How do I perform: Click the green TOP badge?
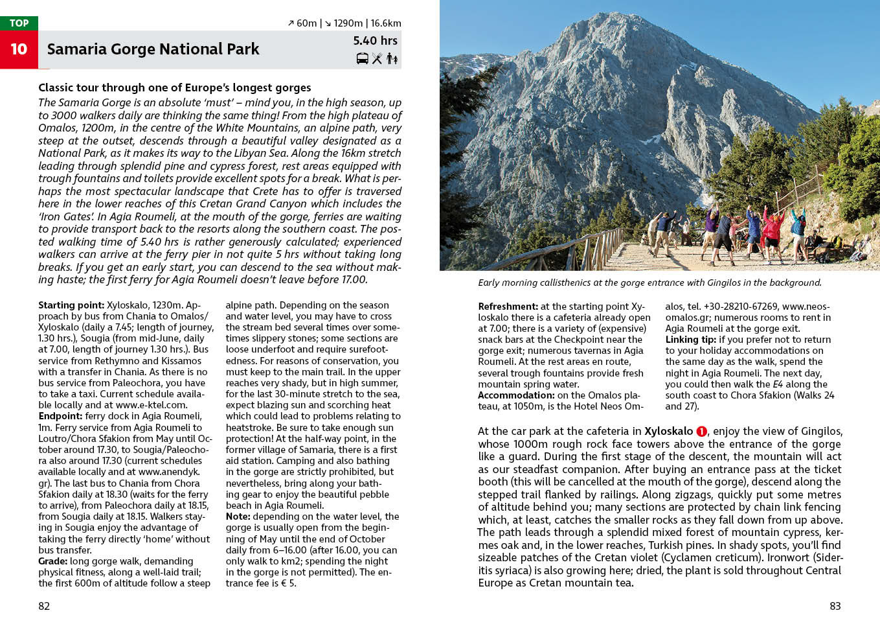(19, 23)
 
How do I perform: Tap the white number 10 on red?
(19, 49)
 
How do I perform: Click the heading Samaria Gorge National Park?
(153, 49)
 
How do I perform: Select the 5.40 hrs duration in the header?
(375, 41)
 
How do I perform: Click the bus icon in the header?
(363, 59)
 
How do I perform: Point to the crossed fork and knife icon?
(377, 59)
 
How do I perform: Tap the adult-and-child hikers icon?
(392, 59)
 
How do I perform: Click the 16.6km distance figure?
(386, 23)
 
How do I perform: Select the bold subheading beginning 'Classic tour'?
(174, 87)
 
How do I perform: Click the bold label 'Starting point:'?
(71, 305)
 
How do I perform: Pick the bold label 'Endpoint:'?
(60, 416)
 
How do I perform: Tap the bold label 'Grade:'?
(52, 561)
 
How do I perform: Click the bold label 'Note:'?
(238, 517)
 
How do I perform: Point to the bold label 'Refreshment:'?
(508, 307)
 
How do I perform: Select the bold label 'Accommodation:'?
(516, 395)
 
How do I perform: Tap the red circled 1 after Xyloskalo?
(701, 432)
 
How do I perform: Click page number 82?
(44, 606)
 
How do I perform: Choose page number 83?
(835, 606)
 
